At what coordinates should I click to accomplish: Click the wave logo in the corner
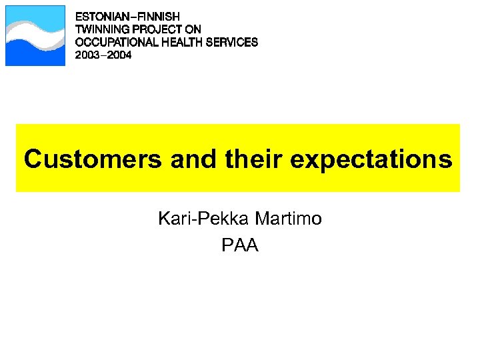[x=35, y=36]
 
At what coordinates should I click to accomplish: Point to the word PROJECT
[x=159, y=29]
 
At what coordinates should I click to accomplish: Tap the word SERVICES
[x=231, y=42]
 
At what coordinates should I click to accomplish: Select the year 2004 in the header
[x=120, y=55]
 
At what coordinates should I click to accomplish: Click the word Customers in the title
[x=88, y=160]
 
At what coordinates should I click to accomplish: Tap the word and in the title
[x=188, y=160]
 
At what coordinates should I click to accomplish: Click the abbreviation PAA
[x=240, y=246]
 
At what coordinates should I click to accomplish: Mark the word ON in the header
[x=193, y=29]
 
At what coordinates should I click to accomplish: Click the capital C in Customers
[x=33, y=160]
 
